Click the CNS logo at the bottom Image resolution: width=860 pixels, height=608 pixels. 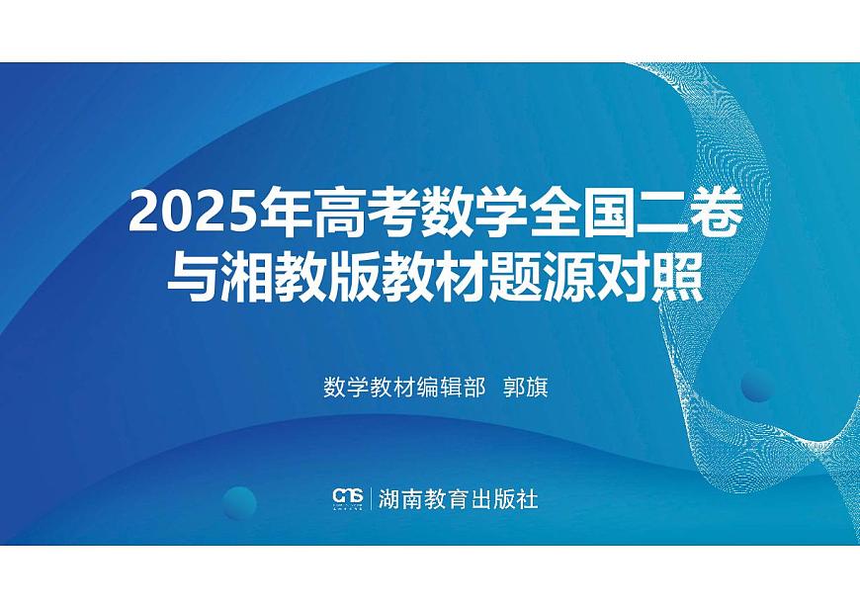pos(348,497)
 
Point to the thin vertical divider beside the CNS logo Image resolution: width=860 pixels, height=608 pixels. pos(372,497)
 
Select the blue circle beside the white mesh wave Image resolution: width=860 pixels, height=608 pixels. pos(756,384)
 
